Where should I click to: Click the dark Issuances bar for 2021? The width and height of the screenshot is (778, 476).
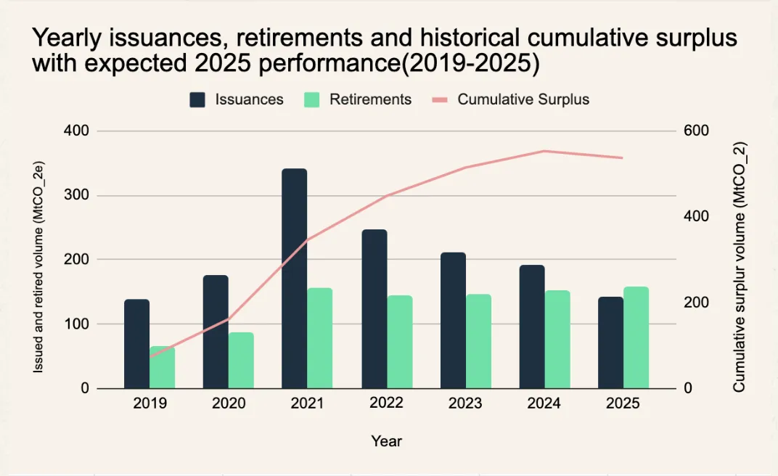pyautogui.click(x=294, y=279)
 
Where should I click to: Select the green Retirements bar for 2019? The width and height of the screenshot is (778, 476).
pyautogui.click(x=162, y=367)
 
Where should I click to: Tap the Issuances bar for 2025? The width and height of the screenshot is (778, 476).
pyautogui.click(x=610, y=342)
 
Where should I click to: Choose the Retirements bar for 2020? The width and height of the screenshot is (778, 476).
pyautogui.click(x=241, y=360)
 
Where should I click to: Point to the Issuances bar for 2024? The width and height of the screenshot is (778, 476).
pyautogui.click(x=531, y=327)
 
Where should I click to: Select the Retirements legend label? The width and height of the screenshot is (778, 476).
pyautogui.click(x=370, y=100)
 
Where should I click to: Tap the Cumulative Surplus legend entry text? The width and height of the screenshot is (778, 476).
pyautogui.click(x=523, y=100)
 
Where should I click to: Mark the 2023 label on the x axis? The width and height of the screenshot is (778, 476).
pyautogui.click(x=465, y=403)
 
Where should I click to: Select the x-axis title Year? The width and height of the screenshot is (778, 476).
pyautogui.click(x=386, y=440)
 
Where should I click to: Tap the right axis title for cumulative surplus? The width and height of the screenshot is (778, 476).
pyautogui.click(x=740, y=267)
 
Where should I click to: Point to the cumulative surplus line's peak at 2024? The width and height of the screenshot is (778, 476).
pyautogui.click(x=544, y=151)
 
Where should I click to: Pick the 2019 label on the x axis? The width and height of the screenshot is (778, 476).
pyautogui.click(x=150, y=403)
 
